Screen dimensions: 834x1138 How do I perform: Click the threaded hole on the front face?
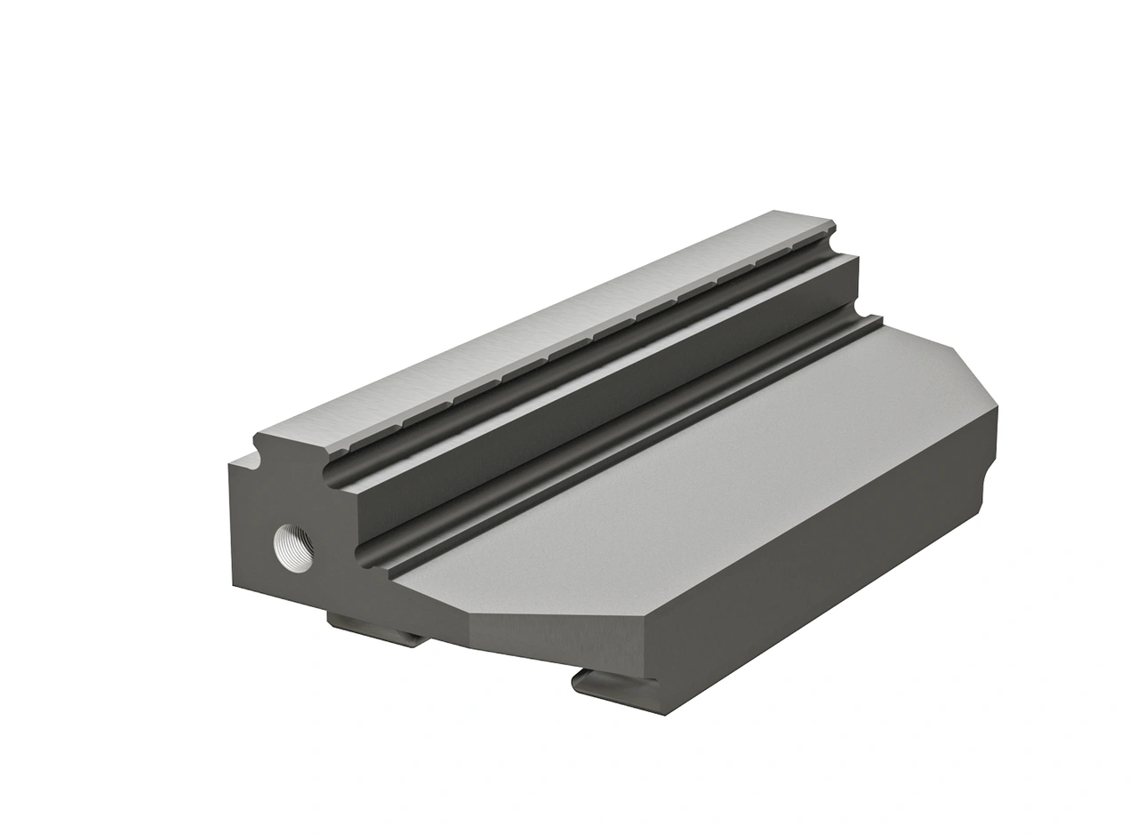pos(293,548)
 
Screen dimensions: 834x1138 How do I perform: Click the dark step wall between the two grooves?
pos(605,391)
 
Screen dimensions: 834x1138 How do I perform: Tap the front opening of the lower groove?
pos(367,553)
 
